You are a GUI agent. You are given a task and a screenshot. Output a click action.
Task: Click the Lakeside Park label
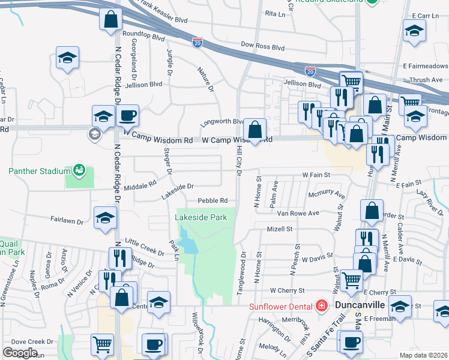201,217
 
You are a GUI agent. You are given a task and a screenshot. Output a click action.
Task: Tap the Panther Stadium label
40,171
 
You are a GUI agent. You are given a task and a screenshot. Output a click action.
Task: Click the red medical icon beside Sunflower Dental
322,306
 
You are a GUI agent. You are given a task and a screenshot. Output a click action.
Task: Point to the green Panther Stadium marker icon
79,170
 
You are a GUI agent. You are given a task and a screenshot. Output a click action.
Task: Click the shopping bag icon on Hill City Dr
255,129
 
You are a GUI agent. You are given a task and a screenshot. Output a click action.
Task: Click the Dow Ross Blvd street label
262,46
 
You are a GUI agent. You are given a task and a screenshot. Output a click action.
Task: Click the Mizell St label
279,229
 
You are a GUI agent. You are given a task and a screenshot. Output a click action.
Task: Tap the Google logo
20,353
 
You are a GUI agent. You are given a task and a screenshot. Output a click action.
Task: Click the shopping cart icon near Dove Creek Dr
102,344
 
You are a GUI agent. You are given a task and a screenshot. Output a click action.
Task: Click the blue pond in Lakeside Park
189,244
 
